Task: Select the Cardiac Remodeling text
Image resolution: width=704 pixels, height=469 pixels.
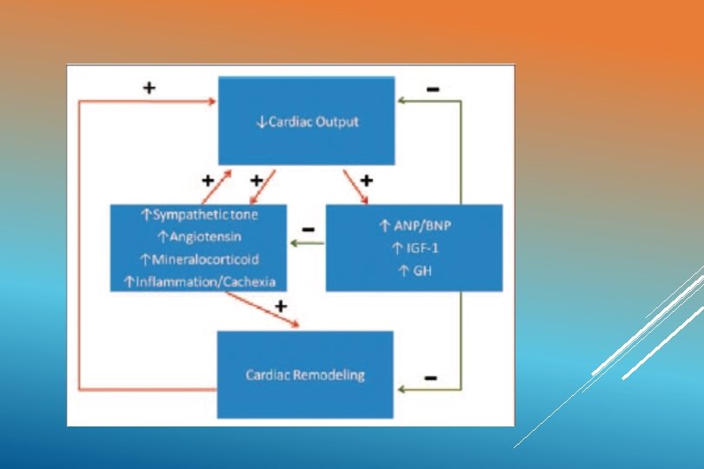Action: [304, 375]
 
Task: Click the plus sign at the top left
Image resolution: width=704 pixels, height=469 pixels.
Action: [149, 88]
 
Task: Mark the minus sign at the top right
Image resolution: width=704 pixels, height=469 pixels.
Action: [433, 89]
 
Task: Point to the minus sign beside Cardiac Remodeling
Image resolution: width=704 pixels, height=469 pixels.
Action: [429, 378]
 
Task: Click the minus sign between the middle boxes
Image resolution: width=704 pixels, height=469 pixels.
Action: [307, 229]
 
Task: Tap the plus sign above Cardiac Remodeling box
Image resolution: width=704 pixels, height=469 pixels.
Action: [280, 306]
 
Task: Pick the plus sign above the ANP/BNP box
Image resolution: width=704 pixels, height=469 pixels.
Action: [366, 181]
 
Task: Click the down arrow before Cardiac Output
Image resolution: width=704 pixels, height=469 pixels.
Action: [261, 122]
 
